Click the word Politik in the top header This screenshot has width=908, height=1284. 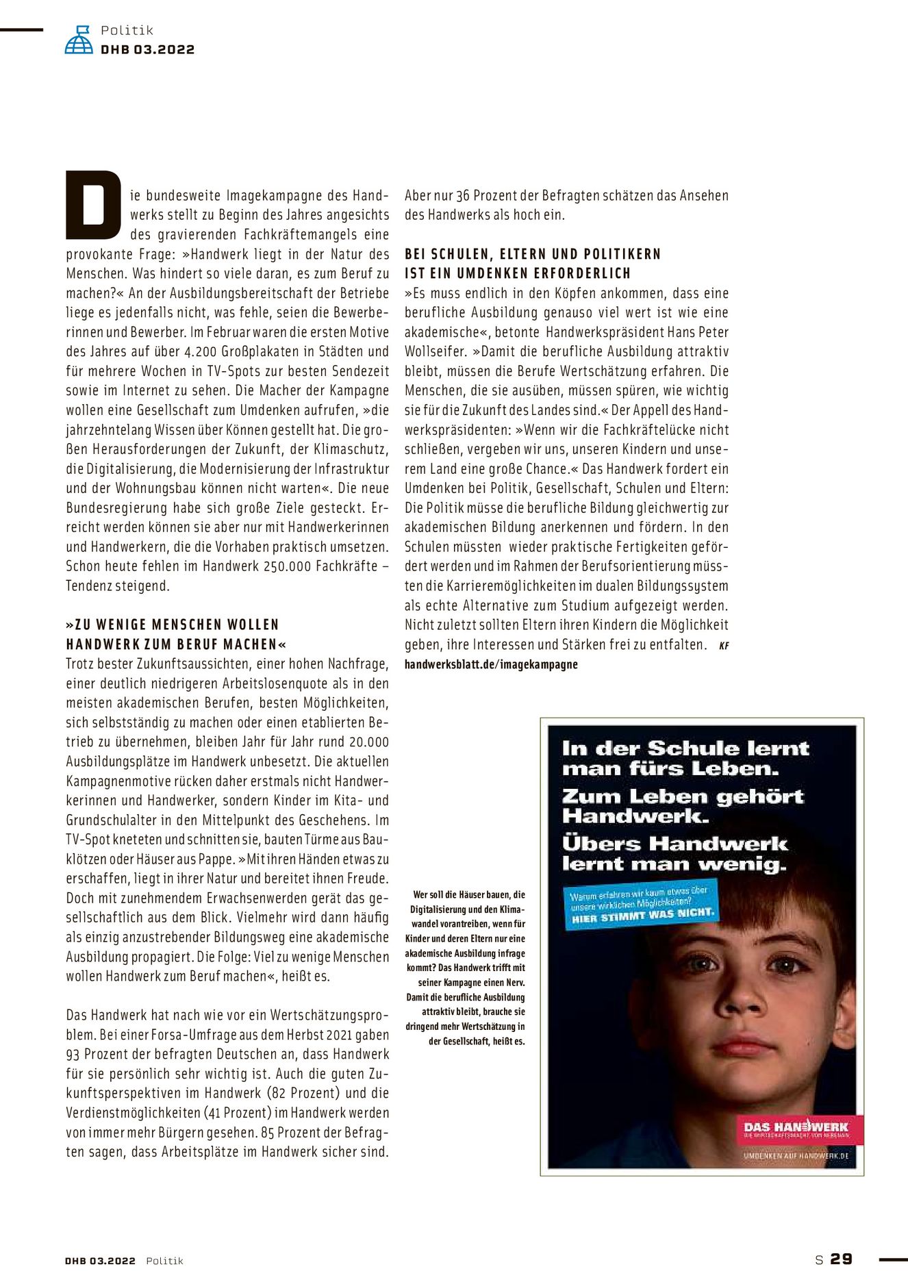(127, 30)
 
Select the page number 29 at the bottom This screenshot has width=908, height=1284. (842, 1259)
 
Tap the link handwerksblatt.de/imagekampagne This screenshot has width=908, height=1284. (491, 664)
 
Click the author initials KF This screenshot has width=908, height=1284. (724, 646)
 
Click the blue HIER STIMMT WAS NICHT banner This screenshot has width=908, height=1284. (642, 905)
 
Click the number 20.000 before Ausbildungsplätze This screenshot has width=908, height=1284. (369, 742)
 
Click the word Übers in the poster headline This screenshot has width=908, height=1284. (600, 844)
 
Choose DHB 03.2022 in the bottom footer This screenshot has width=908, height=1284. (100, 1261)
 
